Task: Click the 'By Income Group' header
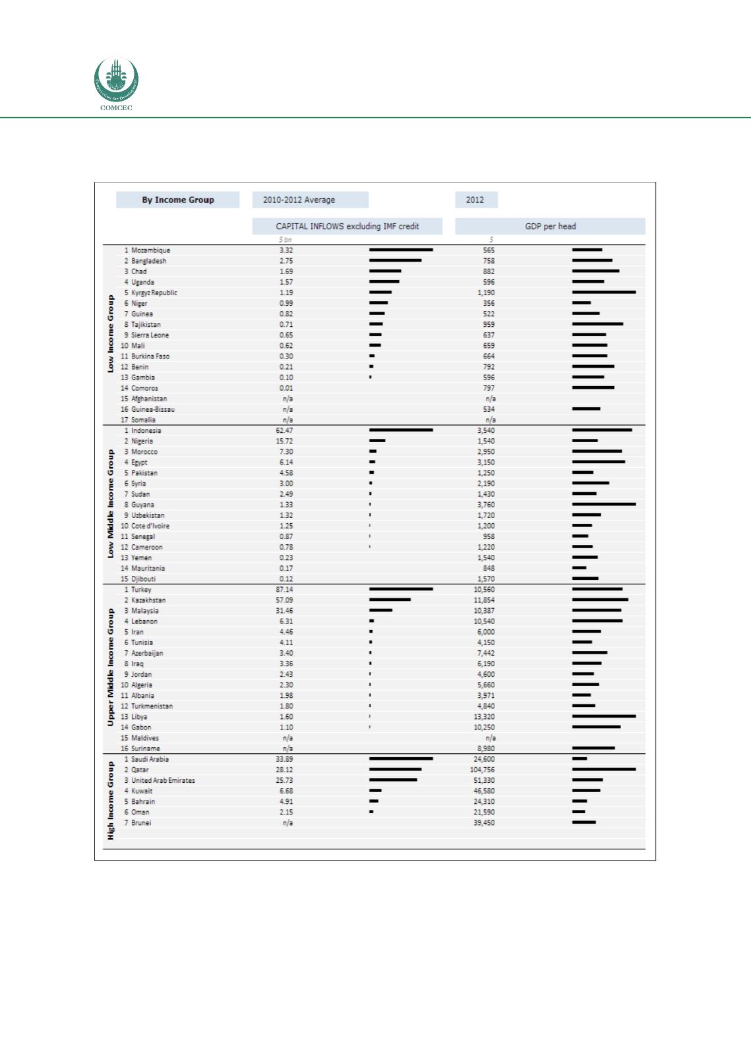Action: click(177, 200)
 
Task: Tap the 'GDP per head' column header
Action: click(550, 226)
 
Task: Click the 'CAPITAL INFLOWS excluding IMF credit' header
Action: click(347, 226)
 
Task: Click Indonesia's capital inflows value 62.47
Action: click(284, 430)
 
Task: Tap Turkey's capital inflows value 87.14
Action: click(284, 590)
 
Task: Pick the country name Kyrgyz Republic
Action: click(154, 293)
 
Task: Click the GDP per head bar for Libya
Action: click(604, 716)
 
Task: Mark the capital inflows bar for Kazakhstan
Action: click(390, 600)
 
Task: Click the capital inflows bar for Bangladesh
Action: click(395, 260)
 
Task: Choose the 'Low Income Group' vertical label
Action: click(110, 334)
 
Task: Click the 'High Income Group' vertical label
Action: click(110, 801)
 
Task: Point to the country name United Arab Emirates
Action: click(163, 780)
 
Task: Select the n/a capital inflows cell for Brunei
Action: click(287, 823)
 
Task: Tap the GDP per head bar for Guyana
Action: click(604, 504)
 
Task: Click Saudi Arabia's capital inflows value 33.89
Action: click(284, 759)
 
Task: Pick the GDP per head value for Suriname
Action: click(485, 749)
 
